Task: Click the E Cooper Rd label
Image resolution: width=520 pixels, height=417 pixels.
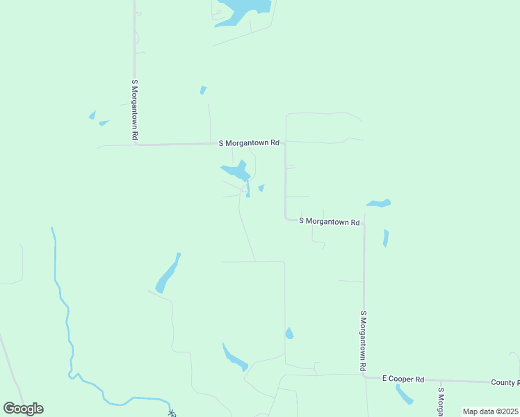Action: (403, 379)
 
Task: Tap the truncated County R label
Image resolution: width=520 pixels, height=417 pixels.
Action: (505, 382)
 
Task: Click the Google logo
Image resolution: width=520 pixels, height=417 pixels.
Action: (23, 409)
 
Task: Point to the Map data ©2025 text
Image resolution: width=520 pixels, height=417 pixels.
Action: (489, 411)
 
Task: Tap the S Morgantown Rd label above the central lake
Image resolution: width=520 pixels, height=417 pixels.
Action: (249, 143)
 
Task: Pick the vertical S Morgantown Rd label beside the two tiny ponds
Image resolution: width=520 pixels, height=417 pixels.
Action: (135, 110)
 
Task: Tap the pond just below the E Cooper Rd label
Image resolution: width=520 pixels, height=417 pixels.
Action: (403, 394)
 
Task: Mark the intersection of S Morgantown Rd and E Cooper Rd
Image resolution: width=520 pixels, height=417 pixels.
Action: (364, 376)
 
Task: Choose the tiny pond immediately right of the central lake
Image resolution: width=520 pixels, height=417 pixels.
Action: (261, 188)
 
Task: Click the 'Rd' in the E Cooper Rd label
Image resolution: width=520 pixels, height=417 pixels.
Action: (419, 379)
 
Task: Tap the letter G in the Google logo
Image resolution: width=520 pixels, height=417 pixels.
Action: (9, 409)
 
